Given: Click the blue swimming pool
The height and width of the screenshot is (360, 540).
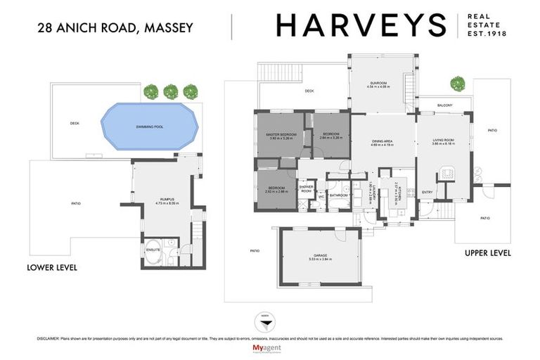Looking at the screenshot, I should (x=146, y=127).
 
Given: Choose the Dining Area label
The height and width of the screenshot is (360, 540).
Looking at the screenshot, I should (x=383, y=143).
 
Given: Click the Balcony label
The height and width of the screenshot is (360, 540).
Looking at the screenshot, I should (x=444, y=106).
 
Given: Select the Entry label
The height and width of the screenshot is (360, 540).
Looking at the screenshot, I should (x=427, y=192).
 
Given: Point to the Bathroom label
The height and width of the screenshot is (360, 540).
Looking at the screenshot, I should (x=340, y=196).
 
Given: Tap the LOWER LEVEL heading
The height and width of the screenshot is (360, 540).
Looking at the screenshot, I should (x=51, y=268).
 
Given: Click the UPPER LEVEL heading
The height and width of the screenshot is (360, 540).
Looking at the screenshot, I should (x=487, y=252).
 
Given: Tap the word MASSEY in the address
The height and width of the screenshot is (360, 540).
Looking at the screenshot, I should (x=169, y=28).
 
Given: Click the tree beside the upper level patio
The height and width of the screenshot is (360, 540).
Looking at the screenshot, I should (x=459, y=82).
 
